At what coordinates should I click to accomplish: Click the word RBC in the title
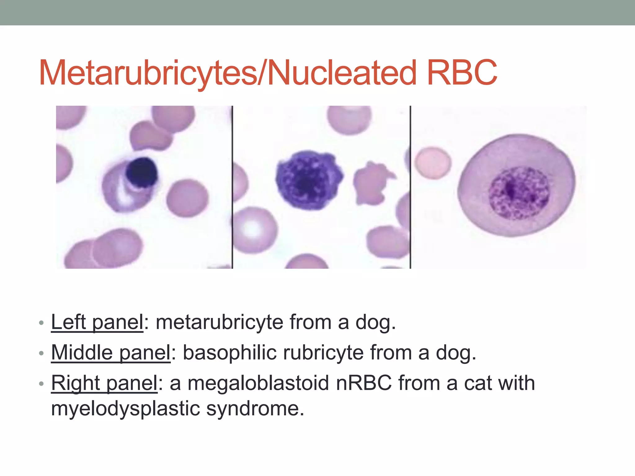click(x=462, y=73)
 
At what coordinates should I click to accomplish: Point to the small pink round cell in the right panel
click(x=433, y=163)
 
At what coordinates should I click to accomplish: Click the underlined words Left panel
click(x=97, y=322)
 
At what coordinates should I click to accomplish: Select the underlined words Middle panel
click(x=111, y=353)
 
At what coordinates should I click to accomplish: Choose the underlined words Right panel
click(x=104, y=383)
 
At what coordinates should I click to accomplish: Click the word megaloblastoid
click(x=258, y=383)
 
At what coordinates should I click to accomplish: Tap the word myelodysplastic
click(x=125, y=408)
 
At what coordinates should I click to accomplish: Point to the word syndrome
click(x=255, y=408)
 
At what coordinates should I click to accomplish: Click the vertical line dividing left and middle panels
click(x=233, y=186)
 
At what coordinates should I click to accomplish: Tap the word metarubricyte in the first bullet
click(x=219, y=322)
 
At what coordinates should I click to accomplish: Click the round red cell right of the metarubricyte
click(x=187, y=198)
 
